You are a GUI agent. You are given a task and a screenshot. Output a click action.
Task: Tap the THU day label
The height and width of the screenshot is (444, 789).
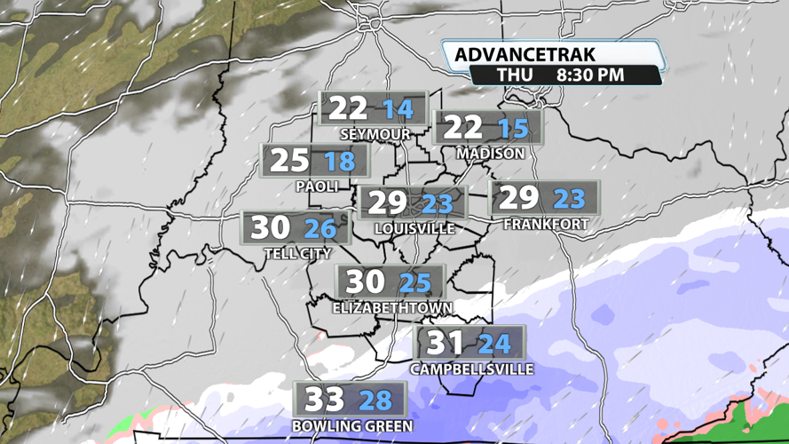pyautogui.click(x=515, y=75)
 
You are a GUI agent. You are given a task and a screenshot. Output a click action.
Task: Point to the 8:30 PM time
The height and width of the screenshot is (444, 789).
pyautogui.click(x=590, y=75)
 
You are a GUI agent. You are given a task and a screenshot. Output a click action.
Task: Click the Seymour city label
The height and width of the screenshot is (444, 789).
pyautogui.click(x=375, y=135)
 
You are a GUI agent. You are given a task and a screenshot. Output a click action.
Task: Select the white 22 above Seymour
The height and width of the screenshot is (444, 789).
pyautogui.click(x=348, y=109)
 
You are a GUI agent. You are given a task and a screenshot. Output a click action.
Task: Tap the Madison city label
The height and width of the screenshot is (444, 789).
pyautogui.click(x=491, y=154)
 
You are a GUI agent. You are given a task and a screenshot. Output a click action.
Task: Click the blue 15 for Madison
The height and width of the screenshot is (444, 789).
pyautogui.click(x=513, y=129)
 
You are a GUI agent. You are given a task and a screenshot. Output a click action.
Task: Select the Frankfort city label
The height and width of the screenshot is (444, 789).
pyautogui.click(x=546, y=225)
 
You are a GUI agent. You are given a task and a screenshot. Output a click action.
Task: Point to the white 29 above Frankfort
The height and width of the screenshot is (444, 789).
pyautogui.click(x=520, y=197)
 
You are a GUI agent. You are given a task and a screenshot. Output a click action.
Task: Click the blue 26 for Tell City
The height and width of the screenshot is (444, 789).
pyautogui.click(x=320, y=229)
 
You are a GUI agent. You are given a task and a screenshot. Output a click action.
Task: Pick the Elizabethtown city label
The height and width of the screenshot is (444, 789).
pyautogui.click(x=392, y=308)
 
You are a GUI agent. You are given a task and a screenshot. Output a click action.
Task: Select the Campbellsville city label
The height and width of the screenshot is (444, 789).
pyautogui.click(x=472, y=369)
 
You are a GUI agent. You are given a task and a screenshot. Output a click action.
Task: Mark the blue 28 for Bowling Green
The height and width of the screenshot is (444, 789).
pyautogui.click(x=375, y=400)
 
